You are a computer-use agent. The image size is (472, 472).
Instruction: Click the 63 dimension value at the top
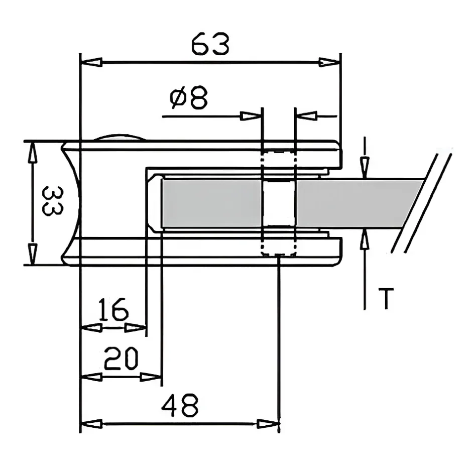[210, 45]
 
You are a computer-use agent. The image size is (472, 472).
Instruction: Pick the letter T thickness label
[385, 299]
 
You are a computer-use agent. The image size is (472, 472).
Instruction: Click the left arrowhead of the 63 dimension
[91, 63]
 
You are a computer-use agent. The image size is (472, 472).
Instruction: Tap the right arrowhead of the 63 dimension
[329, 63]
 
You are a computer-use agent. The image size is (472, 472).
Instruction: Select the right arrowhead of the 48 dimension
[268, 424]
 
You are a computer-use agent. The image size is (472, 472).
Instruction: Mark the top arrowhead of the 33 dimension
[32, 152]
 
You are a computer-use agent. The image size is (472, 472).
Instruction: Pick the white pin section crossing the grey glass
[279, 203]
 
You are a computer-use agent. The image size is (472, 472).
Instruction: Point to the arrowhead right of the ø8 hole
[306, 116]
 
